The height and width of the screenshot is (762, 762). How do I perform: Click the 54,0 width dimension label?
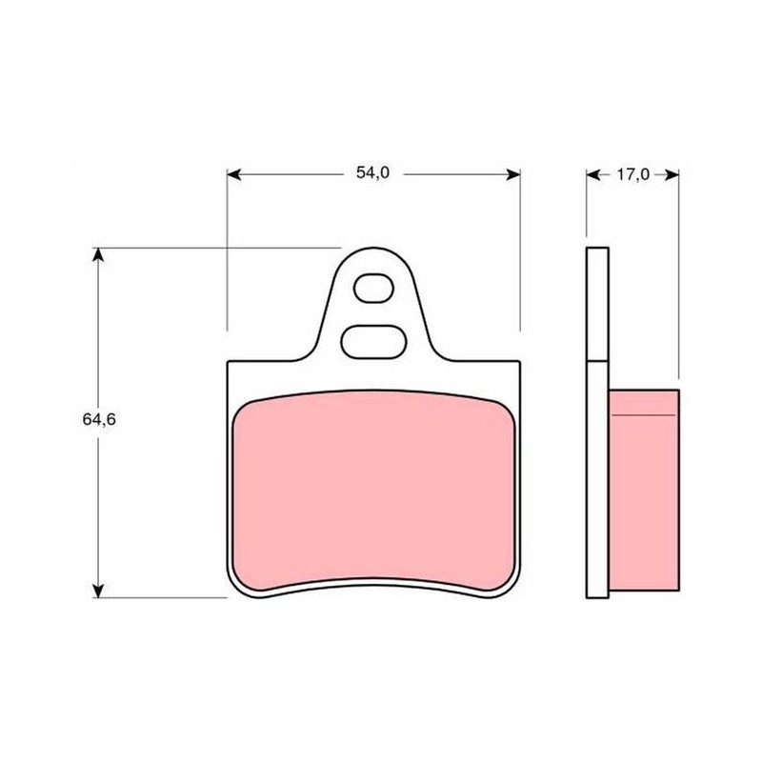point(372,172)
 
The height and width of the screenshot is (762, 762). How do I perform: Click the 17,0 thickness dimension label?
point(632,174)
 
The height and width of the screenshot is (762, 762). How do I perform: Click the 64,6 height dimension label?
point(99,419)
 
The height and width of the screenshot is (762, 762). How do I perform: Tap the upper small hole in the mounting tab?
point(373,289)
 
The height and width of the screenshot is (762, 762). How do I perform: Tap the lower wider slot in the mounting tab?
point(373,342)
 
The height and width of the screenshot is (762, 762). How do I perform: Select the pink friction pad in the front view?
point(373,491)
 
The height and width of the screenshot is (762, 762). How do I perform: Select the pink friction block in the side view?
point(644,491)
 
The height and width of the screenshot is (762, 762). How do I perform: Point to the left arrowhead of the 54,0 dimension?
point(233,174)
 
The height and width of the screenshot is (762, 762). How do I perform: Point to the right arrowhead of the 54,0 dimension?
point(513,174)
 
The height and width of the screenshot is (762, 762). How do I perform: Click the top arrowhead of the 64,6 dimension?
point(98,254)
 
